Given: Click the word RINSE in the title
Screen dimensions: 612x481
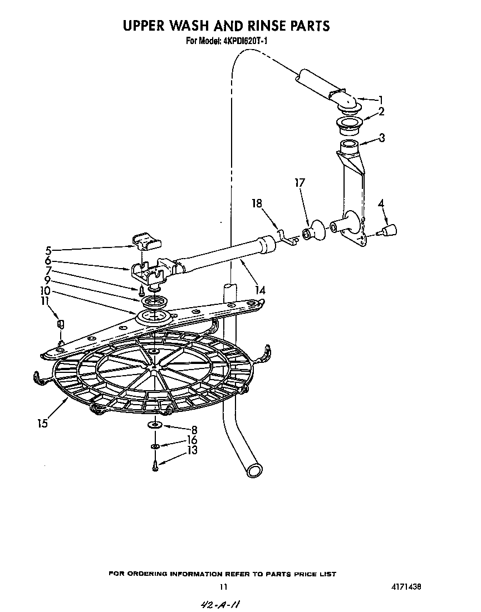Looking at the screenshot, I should point(260,26).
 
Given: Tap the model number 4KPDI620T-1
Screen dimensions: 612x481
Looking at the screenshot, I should point(246,41).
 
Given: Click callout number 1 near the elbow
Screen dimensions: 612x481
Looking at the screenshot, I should point(380,99).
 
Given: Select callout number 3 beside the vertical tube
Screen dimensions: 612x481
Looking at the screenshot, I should point(382,138).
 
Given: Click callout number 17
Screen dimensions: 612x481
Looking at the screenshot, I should point(300,182).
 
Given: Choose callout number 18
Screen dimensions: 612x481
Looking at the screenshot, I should point(257,204).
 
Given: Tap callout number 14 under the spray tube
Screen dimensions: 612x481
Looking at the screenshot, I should point(259,290).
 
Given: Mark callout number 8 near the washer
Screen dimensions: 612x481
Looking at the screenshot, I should point(194,430).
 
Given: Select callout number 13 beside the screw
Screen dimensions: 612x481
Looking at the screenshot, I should point(192,450).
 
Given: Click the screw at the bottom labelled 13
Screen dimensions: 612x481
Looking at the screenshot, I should point(156,465).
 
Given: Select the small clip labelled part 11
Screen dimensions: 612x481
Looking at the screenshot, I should point(61,324).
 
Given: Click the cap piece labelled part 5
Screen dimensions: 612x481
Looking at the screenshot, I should point(147,241).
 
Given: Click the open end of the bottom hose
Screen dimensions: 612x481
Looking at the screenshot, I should point(255,470).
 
